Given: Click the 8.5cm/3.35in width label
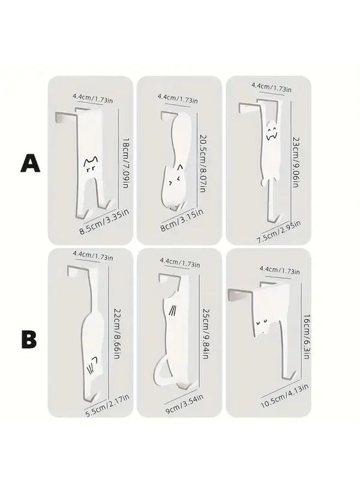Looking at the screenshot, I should tap(104, 223).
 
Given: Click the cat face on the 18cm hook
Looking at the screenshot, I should tap(90, 163).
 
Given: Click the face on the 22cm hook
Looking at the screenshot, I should tap(93, 363).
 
